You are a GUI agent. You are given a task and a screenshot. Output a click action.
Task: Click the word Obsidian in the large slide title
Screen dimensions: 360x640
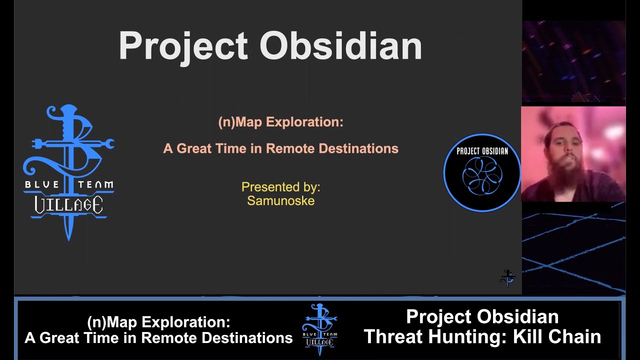pyautogui.click(x=340, y=46)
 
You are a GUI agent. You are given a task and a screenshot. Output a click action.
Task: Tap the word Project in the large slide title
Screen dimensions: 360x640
pyautogui.click(x=183, y=46)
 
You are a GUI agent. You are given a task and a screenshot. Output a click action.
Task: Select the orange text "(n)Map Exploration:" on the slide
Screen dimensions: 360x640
pyautogui.click(x=280, y=122)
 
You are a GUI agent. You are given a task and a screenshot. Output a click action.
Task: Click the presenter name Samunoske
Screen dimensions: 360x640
pyautogui.click(x=280, y=201)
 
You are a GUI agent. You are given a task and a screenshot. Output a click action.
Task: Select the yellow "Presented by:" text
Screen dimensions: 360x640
pyautogui.click(x=280, y=187)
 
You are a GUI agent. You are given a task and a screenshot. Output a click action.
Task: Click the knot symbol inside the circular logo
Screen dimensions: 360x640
pyautogui.click(x=482, y=176)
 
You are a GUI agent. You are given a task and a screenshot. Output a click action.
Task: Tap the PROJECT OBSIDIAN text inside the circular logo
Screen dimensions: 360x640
pyautogui.click(x=482, y=151)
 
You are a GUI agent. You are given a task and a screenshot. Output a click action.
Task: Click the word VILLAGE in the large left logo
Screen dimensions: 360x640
pyautogui.click(x=68, y=204)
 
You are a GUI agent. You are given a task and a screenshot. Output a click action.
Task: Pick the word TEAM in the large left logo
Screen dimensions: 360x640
pyautogui.click(x=94, y=185)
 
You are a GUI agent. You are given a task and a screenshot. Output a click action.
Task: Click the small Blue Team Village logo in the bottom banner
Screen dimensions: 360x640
pyautogui.click(x=319, y=329)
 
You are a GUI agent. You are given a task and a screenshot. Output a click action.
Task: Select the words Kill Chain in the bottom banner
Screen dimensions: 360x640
pyautogui.click(x=557, y=336)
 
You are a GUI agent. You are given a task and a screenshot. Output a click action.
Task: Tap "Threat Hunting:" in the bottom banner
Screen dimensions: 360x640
pyautogui.click(x=435, y=336)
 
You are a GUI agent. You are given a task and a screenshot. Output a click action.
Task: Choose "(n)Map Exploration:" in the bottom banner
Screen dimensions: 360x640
pyautogui.click(x=158, y=322)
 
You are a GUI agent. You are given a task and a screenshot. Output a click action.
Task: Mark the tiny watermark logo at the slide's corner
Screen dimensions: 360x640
pyautogui.click(x=507, y=278)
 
